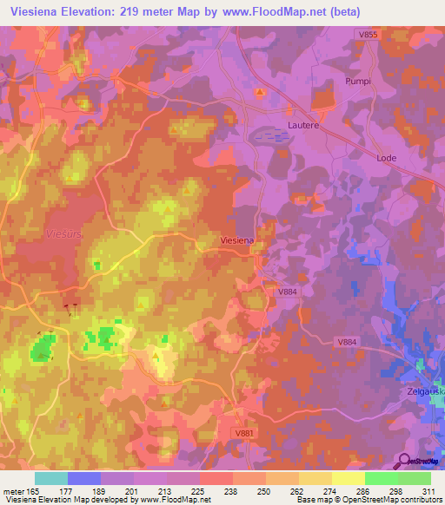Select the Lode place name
click(386, 158)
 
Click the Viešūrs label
click(62, 233)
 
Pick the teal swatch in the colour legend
click(51, 478)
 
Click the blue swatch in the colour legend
click(84, 478)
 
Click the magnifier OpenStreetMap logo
click(404, 461)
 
